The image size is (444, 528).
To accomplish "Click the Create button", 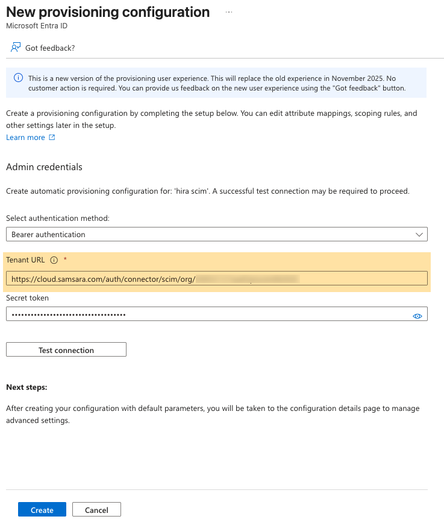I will click(42, 510).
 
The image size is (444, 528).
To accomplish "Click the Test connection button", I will click(66, 350).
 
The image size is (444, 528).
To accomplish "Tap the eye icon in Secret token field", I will click(417, 315).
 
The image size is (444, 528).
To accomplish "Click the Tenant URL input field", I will click(217, 278).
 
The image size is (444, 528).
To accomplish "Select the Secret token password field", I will click(205, 314).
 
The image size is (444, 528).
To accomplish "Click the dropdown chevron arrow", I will click(419, 234).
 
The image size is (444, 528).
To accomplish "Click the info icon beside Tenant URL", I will click(54, 260).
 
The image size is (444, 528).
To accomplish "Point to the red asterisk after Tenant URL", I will click(65, 260).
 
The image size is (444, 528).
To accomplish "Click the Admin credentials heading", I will click(44, 167).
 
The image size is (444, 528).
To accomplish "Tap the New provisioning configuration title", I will click(108, 12).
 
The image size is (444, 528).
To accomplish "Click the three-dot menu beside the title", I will click(229, 12).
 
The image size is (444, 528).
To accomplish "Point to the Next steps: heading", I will click(27, 387).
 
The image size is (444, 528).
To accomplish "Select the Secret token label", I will click(28, 297).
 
